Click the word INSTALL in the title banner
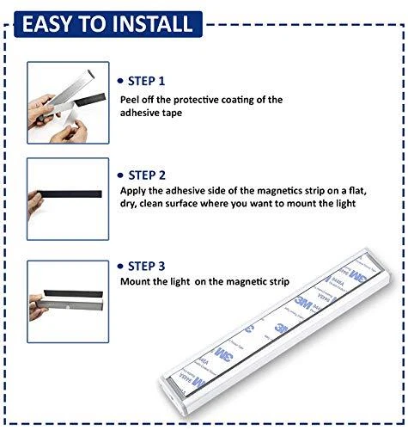[x=152, y=23]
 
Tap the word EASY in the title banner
[x=46, y=23]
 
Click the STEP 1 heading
[x=146, y=81]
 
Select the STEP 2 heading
[x=147, y=175]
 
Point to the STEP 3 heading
[x=146, y=267]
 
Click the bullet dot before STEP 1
[x=120, y=81]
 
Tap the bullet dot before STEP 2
[x=120, y=175]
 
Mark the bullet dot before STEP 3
[x=120, y=267]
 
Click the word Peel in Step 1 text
[x=130, y=100]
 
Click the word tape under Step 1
[x=172, y=114]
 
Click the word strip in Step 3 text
[x=277, y=282]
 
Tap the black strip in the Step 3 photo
[x=73, y=294]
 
